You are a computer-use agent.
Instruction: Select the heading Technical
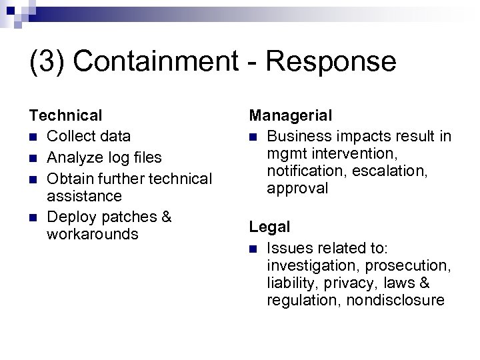tap(65, 116)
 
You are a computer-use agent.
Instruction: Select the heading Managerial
tap(291, 116)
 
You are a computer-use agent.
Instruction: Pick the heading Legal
tap(269, 227)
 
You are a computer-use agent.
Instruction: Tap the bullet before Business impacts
tap(253, 137)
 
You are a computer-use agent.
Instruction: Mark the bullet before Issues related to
tap(253, 248)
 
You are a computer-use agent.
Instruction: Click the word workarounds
tap(93, 235)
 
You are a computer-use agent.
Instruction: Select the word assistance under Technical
tap(85, 196)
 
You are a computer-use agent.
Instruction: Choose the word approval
tap(297, 189)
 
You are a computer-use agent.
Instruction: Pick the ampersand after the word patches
tap(167, 217)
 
